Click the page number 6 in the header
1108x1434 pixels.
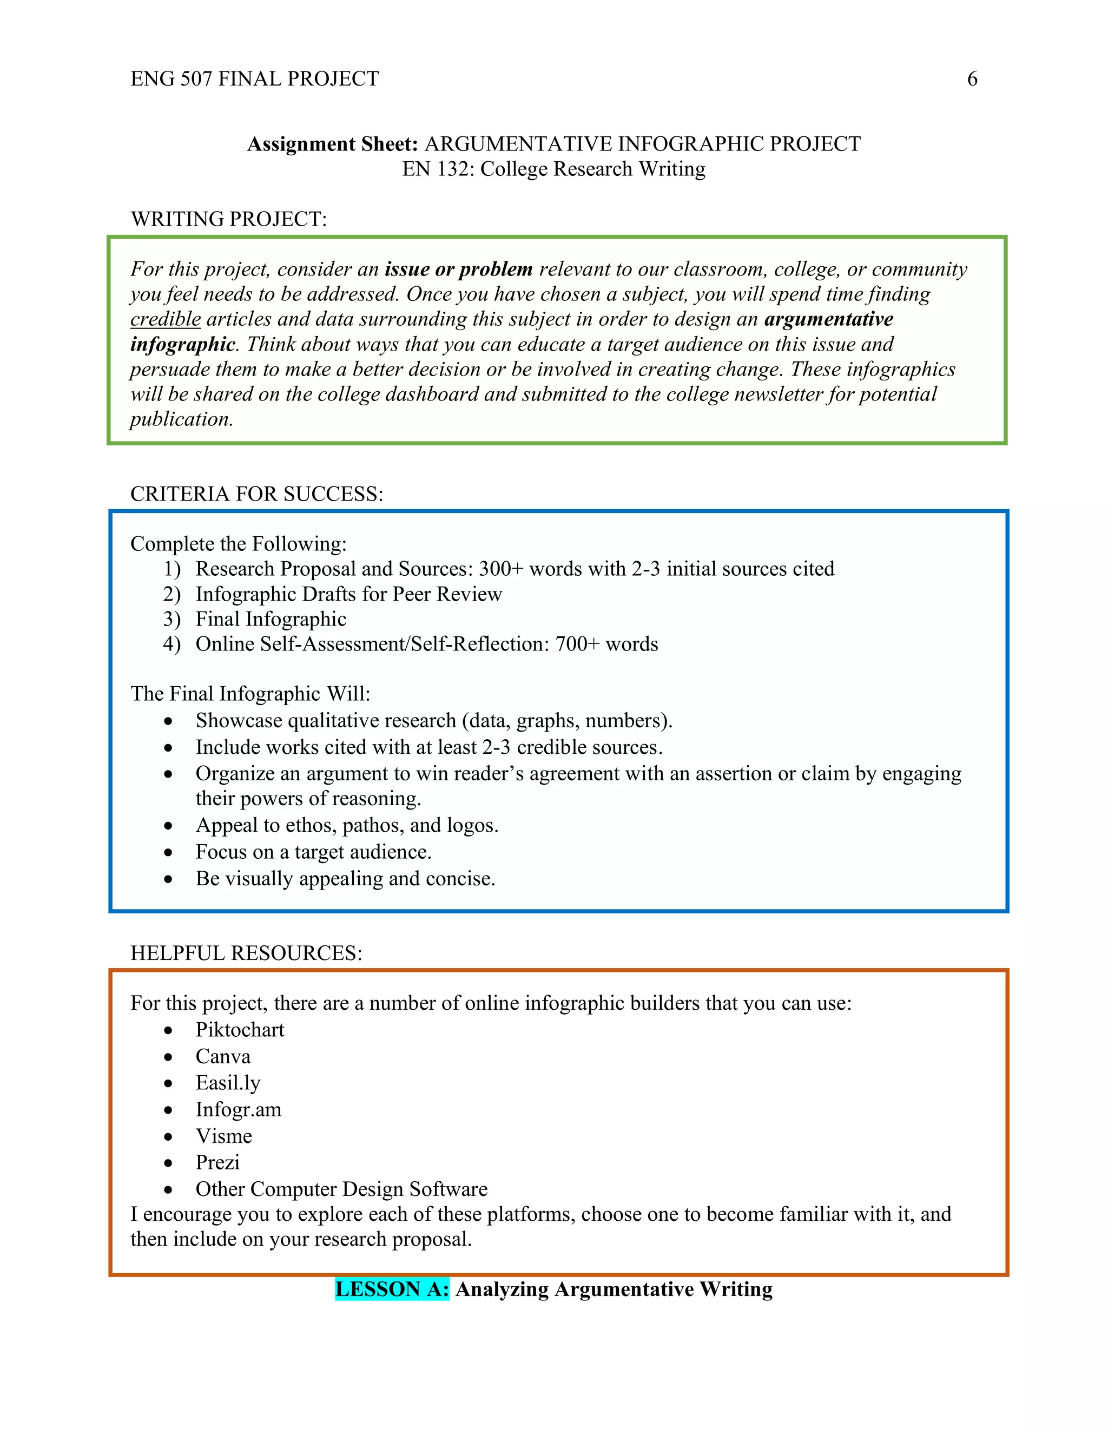972,79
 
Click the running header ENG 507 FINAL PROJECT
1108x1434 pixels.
255,79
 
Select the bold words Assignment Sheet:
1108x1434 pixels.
332,144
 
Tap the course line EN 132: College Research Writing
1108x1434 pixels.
553,169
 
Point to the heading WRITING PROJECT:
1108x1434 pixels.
228,219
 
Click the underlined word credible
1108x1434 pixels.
166,319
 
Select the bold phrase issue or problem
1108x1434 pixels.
458,269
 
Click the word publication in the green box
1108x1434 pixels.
181,419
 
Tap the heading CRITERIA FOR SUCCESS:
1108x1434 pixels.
256,494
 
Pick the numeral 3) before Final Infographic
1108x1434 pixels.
172,619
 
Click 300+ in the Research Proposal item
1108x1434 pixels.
501,569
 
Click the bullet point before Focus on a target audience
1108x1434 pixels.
169,852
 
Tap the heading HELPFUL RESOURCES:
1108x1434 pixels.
246,953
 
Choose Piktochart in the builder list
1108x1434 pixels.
240,1030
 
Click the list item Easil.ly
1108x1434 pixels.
228,1083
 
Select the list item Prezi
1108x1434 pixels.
217,1162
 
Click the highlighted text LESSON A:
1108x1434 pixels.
392,1289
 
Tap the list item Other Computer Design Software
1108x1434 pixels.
341,1189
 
